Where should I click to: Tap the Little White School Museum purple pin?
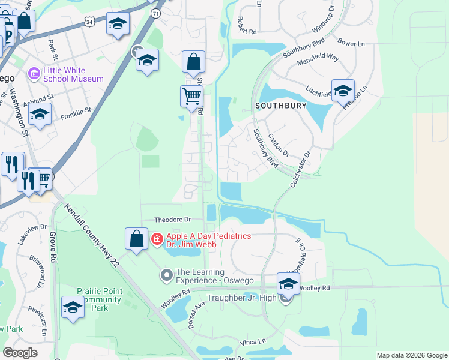point(34,74)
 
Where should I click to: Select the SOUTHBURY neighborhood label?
point(280,105)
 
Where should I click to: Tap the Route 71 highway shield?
point(156,13)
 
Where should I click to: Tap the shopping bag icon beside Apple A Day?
point(137,238)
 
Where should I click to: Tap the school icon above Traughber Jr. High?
point(288,284)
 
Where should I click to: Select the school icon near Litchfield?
point(343,91)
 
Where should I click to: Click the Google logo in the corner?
point(20,353)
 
